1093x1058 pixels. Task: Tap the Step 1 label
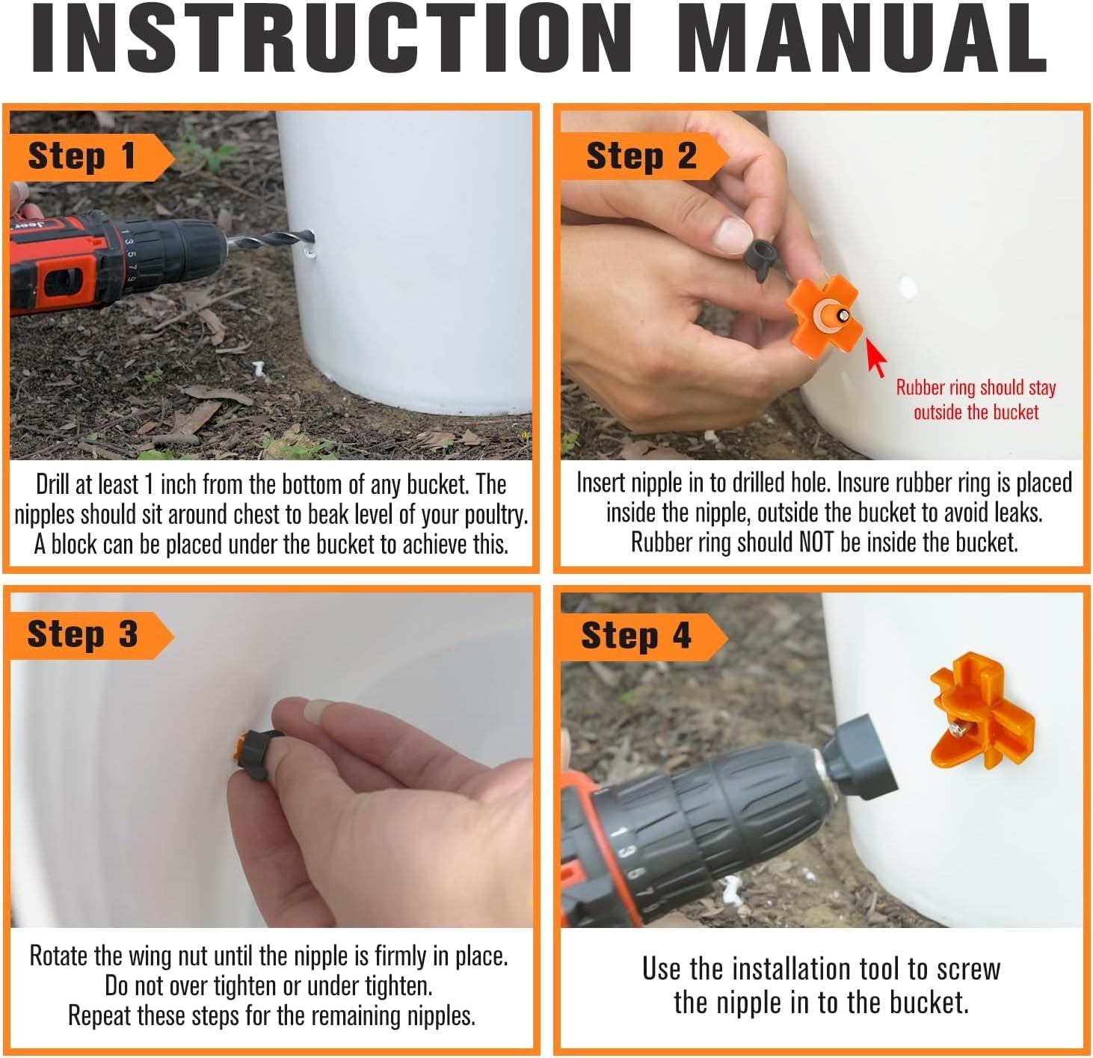pos(82,156)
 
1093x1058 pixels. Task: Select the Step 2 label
pos(641,156)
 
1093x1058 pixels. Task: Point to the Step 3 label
pos(82,634)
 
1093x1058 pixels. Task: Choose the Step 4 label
pos(636,635)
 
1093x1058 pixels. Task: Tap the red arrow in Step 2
pos(876,357)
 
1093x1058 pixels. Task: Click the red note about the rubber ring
pos(976,400)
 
